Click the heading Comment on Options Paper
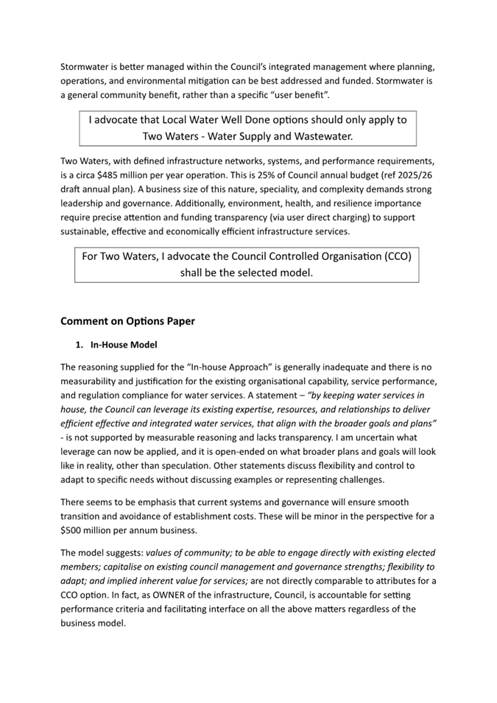click(127, 321)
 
